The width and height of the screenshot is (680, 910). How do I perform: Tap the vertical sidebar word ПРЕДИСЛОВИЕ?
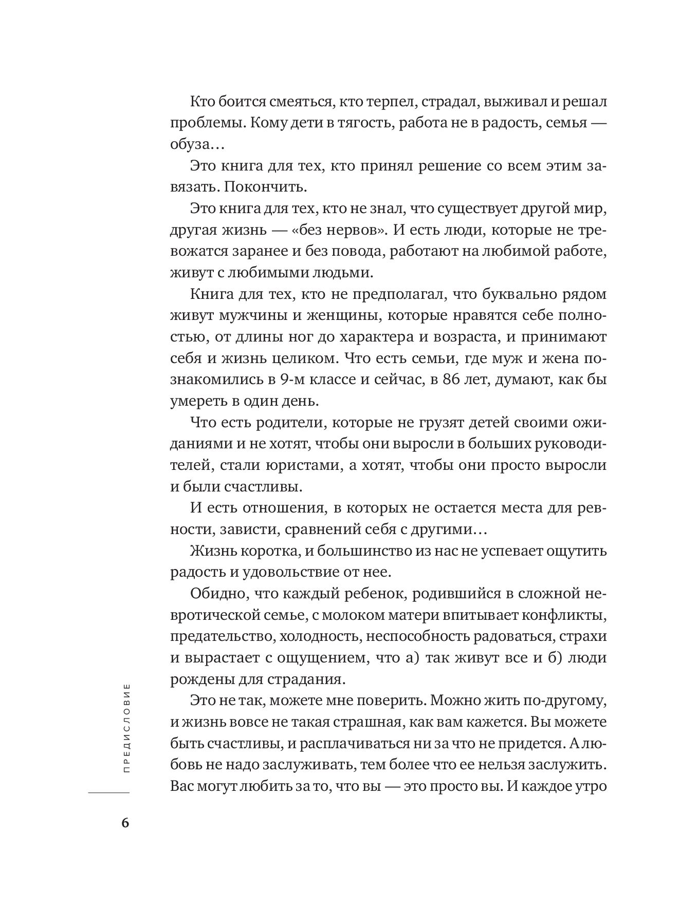point(127,729)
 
